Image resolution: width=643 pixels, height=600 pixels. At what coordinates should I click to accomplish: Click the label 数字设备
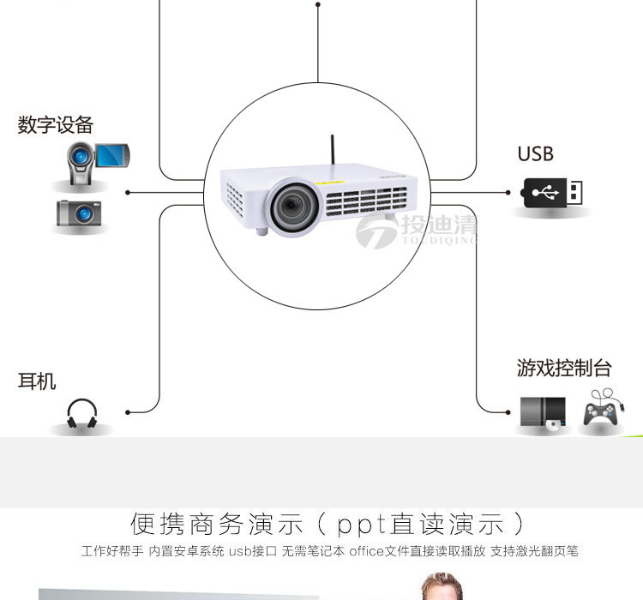click(x=55, y=125)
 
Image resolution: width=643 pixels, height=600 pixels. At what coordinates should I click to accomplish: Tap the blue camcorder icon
click(x=96, y=160)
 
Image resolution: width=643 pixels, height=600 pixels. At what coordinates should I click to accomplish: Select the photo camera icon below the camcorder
click(x=79, y=213)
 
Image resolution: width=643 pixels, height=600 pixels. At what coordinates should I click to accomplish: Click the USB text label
click(x=535, y=154)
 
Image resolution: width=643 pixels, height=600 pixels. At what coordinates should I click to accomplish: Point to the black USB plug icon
click(x=554, y=192)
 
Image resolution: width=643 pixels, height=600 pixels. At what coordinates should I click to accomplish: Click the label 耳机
click(x=37, y=381)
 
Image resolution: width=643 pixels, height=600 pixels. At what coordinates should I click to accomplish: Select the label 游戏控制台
click(x=563, y=369)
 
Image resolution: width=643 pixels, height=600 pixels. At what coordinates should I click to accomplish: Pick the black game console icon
click(x=544, y=413)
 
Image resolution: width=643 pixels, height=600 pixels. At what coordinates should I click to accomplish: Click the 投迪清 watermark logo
click(x=417, y=229)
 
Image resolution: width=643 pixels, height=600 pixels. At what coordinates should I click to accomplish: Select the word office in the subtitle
click(x=366, y=550)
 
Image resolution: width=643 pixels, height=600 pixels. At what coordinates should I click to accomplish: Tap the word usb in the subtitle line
click(x=241, y=550)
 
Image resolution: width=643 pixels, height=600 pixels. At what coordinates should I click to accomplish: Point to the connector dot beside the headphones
click(x=128, y=412)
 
